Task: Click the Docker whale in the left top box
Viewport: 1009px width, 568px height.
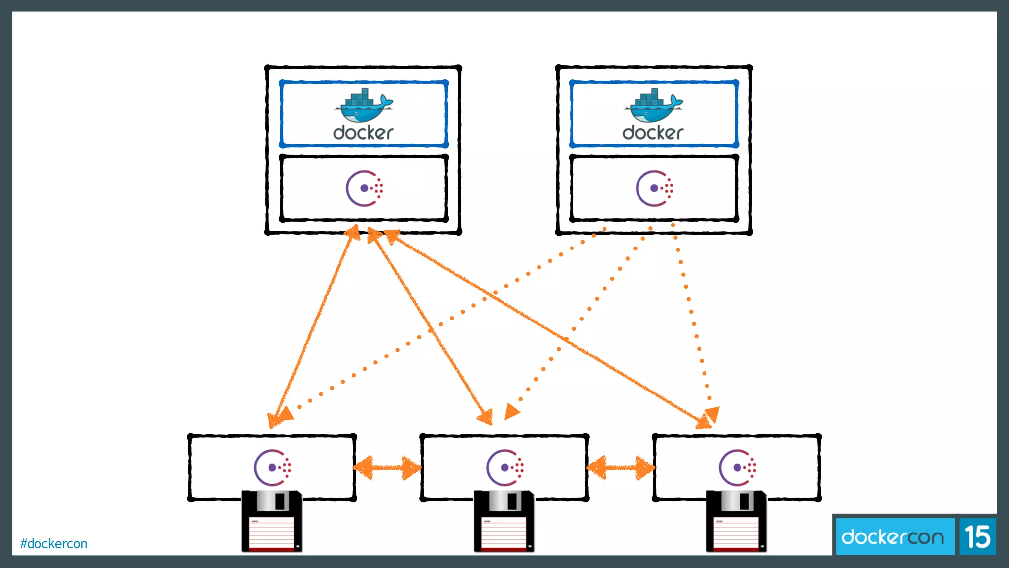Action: click(363, 106)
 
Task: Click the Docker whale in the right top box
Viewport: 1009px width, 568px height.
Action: click(653, 106)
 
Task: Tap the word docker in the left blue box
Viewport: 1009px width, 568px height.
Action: click(363, 133)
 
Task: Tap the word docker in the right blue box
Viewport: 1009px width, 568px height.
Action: click(653, 133)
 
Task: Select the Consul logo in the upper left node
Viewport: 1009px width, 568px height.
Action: click(364, 188)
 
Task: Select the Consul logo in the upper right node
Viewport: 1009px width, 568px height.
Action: click(654, 188)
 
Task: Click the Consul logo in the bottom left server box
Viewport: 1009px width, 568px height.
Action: click(272, 467)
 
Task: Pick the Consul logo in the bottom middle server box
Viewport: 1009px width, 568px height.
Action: click(504, 467)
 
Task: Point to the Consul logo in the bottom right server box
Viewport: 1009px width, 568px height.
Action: click(737, 467)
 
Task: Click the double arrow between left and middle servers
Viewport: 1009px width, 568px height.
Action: click(388, 467)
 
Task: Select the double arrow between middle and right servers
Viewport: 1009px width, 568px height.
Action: click(621, 467)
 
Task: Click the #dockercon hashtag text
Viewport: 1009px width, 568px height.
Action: click(54, 543)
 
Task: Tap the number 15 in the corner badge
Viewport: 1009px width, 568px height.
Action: click(977, 537)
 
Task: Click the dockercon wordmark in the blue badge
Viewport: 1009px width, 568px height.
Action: click(893, 537)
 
